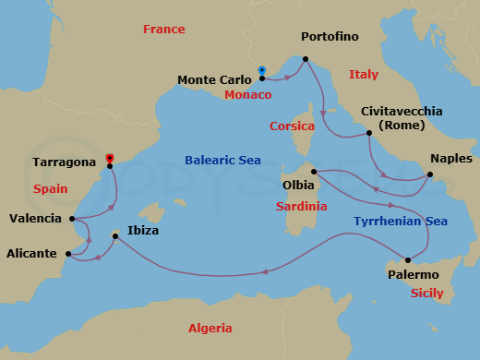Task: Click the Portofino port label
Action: (x=330, y=37)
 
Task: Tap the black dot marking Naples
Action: (x=430, y=174)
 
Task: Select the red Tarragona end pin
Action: (x=110, y=159)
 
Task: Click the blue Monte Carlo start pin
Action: (x=262, y=71)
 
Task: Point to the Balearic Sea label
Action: (x=222, y=160)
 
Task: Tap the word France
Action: (x=164, y=30)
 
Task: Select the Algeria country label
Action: (x=210, y=328)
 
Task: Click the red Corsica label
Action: (x=293, y=126)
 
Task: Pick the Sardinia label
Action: (x=302, y=207)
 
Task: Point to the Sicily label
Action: (x=426, y=294)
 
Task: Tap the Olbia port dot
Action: (x=314, y=171)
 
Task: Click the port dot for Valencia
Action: (x=72, y=219)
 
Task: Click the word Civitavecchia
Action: (x=402, y=111)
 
